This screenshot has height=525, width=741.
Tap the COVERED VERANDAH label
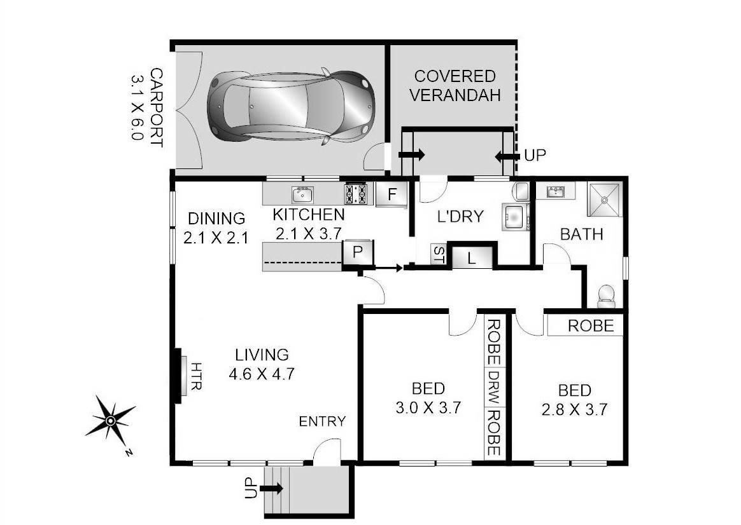pos(455,86)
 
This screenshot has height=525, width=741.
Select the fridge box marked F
pos(392,194)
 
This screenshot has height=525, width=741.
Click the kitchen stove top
pos(356,194)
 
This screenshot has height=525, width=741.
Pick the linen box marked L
pos(471,258)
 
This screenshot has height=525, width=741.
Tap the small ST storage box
pos(439,254)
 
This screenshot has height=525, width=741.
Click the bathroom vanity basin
pos(556,191)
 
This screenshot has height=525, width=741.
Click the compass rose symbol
pos(110,420)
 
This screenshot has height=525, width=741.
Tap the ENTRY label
pos(322,421)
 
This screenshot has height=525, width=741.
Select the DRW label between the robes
pos(495,388)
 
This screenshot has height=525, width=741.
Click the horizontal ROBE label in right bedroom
pos(591,326)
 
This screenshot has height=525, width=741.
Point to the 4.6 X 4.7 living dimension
pos(261,374)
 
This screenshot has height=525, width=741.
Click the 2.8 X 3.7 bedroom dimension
pos(575,409)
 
